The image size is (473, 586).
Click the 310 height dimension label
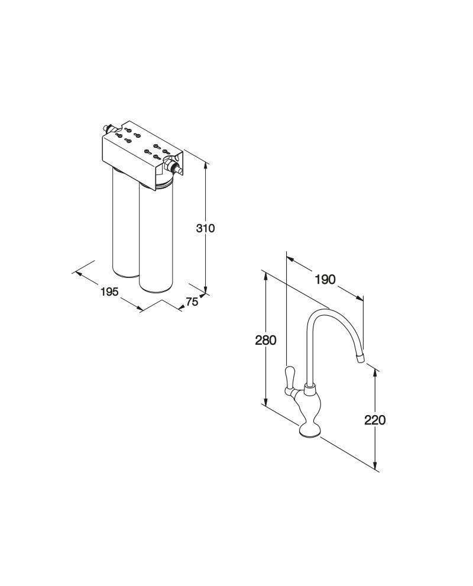pos(206,228)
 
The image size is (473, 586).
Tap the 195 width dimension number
pos(109,292)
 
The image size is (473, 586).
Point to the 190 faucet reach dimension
pos(325,279)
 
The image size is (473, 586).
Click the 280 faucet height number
pos(265,340)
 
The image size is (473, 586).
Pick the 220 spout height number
pos(375,420)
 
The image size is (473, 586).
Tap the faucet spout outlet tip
pos(360,359)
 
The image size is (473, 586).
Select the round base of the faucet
pos(310,431)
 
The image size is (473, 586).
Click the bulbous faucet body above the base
pos(310,407)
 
